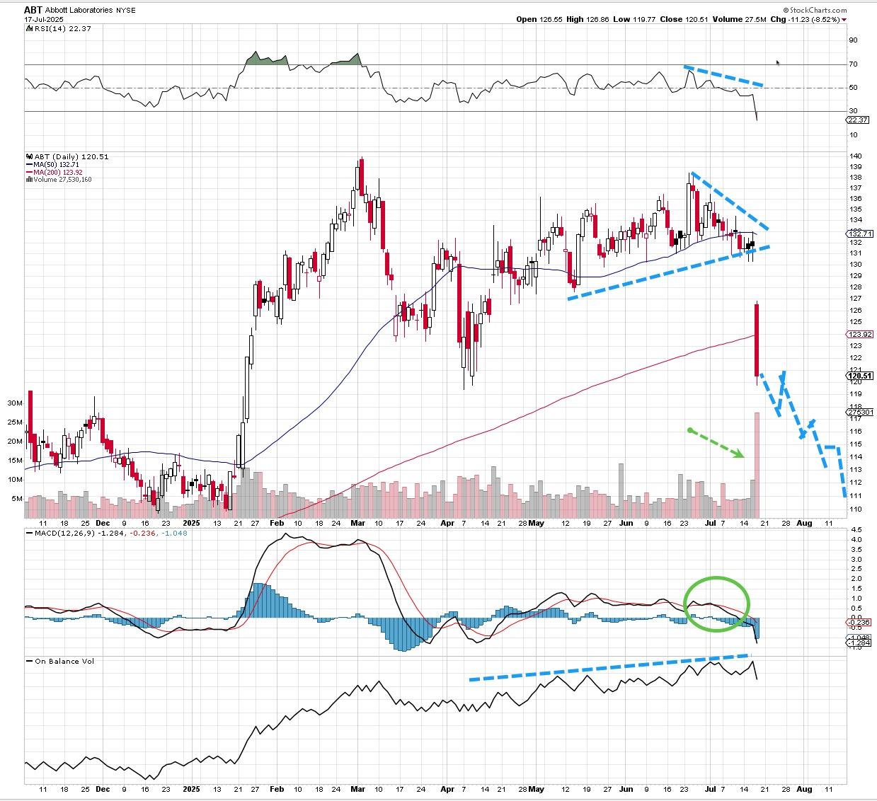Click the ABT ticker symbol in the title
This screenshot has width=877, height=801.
pyautogui.click(x=33, y=10)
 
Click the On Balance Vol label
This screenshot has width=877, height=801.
pyautogui.click(x=64, y=661)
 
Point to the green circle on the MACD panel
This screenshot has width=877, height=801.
pyautogui.click(x=716, y=604)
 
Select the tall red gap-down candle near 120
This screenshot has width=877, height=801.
pyautogui.click(x=757, y=340)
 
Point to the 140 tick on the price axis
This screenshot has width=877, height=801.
pyautogui.click(x=855, y=156)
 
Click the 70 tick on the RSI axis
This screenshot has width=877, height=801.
pyautogui.click(x=853, y=64)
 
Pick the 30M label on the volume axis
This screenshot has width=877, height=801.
pyautogui.click(x=15, y=403)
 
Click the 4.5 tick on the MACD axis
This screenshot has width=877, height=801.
pyautogui.click(x=855, y=529)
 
